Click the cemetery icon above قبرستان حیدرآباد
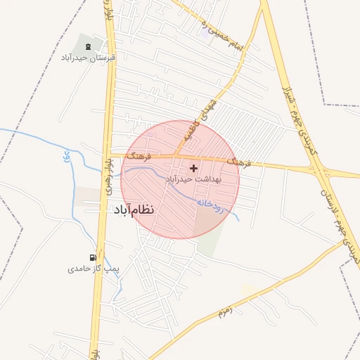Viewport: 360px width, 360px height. click(88, 46)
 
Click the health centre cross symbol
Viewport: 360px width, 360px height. click(193, 168)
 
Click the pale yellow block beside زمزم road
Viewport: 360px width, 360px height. click(247, 288)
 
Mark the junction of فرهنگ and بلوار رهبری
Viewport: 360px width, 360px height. click(109, 155)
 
